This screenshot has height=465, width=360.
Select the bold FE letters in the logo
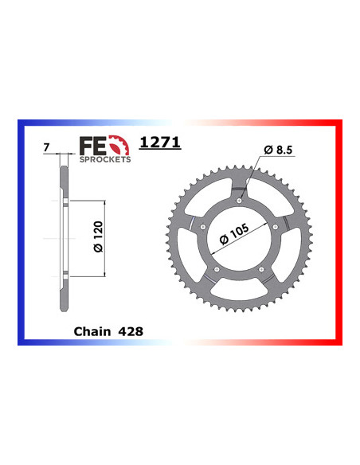(x=92, y=145)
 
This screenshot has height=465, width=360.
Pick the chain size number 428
(x=131, y=330)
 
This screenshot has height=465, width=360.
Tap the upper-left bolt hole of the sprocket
(x=205, y=228)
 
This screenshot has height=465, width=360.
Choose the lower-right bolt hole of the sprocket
(x=262, y=270)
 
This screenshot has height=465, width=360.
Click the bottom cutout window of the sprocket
(x=240, y=291)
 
